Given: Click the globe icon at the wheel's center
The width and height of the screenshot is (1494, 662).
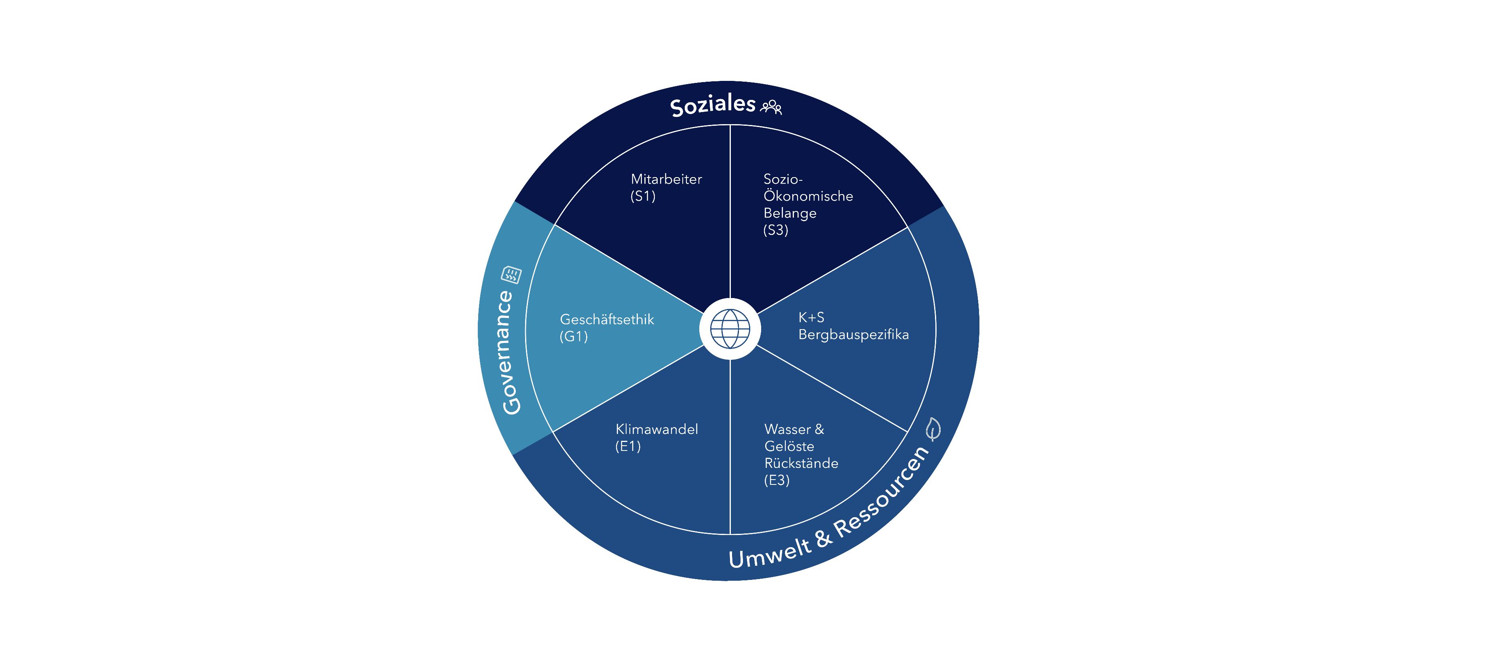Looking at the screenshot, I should (x=730, y=328).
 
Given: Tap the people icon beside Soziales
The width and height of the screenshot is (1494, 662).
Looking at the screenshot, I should (x=771, y=107).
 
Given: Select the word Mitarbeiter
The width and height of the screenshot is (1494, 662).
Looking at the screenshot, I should (x=666, y=179).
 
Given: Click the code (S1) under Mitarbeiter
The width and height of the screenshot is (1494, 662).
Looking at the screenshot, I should (x=643, y=196).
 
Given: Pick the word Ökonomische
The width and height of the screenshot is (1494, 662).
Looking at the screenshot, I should (x=808, y=196).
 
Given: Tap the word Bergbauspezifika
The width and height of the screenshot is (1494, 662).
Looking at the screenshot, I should (x=853, y=335).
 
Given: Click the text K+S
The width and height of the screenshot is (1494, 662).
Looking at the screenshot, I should (x=811, y=317).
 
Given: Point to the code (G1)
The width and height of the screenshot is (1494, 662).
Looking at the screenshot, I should (x=574, y=336).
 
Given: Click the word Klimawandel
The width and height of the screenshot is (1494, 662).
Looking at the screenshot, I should (x=656, y=429).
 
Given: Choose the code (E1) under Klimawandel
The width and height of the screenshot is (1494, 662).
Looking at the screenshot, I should (x=627, y=446).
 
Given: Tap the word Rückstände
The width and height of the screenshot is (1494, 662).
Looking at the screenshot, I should (x=801, y=463).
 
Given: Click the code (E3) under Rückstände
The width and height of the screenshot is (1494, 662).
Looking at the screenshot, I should (x=777, y=480).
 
